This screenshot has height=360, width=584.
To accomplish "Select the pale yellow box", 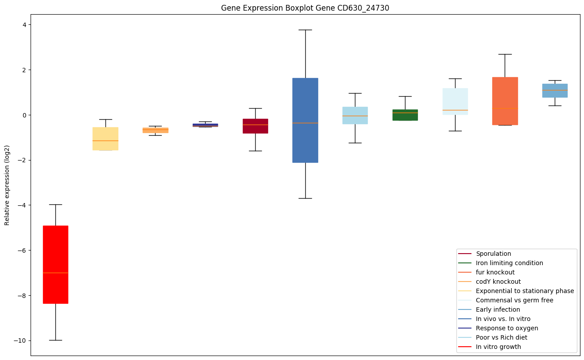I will click(x=105, y=138).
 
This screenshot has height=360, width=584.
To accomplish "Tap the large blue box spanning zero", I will click(x=305, y=120).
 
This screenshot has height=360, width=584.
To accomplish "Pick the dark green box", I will click(x=405, y=115).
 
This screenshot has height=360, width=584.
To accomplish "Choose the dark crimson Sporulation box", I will click(x=255, y=126).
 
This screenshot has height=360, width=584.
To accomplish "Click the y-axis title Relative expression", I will click(x=7, y=185).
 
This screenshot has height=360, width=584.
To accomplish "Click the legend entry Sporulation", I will click(x=493, y=254).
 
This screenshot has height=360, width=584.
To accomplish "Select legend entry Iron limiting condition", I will click(x=509, y=263).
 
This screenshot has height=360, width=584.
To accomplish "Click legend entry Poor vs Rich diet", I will click(x=501, y=337).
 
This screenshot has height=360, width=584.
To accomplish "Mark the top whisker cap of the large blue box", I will click(x=305, y=30).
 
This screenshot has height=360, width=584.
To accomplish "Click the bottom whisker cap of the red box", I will click(x=55, y=340).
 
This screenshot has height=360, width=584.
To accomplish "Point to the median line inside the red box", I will click(x=55, y=273).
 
